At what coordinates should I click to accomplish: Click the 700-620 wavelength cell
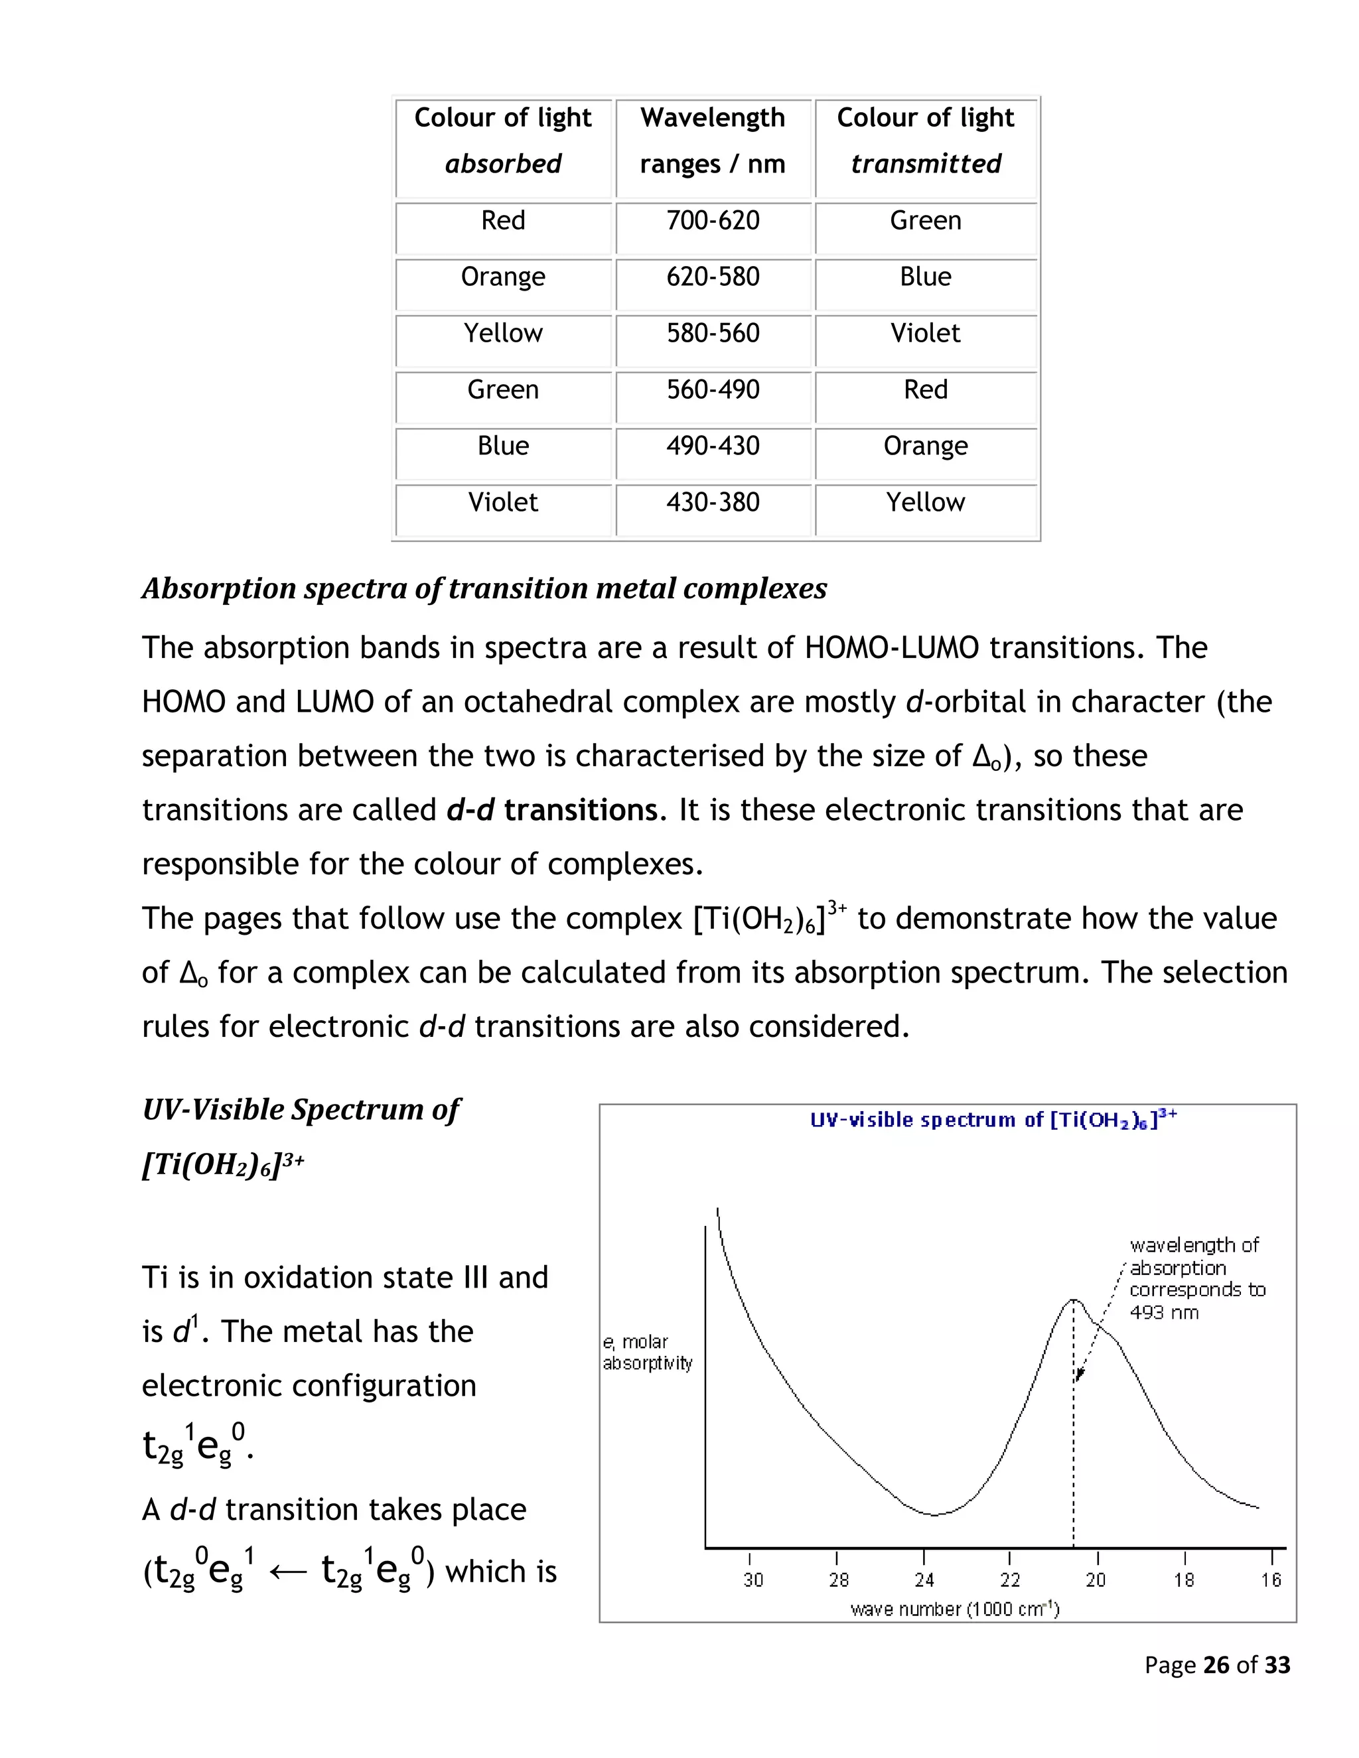coord(713,220)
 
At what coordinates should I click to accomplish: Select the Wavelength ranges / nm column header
coord(713,140)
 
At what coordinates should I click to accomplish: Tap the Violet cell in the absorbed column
coord(503,502)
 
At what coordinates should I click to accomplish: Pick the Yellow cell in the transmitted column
coord(925,502)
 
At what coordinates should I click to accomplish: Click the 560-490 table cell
coord(713,389)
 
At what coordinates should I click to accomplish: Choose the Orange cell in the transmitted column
coord(925,446)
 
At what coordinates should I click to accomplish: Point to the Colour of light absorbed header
coord(503,140)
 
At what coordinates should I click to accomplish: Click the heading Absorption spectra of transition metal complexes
coord(484,588)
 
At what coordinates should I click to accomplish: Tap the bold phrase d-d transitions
coord(552,810)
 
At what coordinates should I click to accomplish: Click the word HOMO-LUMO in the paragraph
coord(891,648)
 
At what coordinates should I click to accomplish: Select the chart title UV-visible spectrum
coord(993,1120)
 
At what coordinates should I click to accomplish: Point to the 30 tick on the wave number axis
coord(752,1580)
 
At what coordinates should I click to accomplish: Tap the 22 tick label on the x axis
coord(1009,1580)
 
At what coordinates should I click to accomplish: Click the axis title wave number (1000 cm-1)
coord(955,1609)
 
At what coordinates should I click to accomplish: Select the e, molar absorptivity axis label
coord(646,1352)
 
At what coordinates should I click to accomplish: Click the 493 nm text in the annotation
coord(1163,1313)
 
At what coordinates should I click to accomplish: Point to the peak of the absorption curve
coord(1073,1300)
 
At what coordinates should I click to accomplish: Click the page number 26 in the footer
coord(1216,1664)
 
